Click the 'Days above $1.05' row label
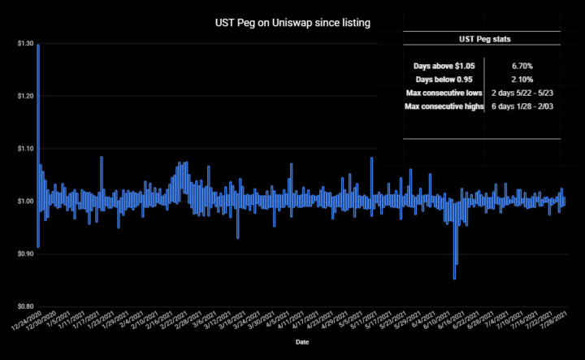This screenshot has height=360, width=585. [x=443, y=64]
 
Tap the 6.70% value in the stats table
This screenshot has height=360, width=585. [x=523, y=64]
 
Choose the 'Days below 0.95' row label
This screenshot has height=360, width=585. [x=443, y=79]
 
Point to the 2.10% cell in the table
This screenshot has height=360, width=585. [x=523, y=79]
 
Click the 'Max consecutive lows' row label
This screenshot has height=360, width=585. [x=443, y=93]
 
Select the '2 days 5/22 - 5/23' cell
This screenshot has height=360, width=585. [x=523, y=93]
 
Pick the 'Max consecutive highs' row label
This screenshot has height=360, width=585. [x=443, y=107]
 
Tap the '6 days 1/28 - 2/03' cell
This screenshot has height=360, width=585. [x=523, y=107]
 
